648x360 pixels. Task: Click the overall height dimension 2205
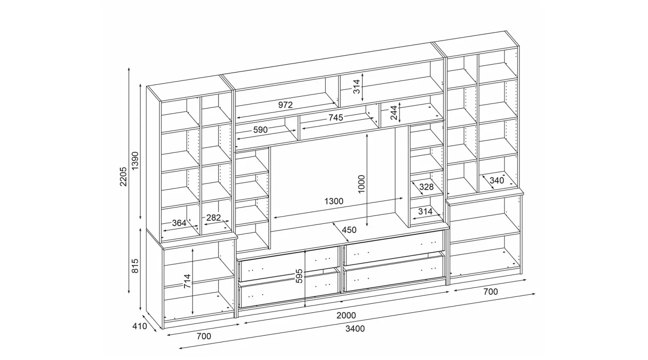pyautogui.click(x=123, y=176)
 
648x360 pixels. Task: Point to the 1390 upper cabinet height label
pyautogui.click(x=135, y=161)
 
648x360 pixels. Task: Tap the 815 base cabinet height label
pyautogui.click(x=135, y=266)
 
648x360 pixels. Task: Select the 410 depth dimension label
pyautogui.click(x=139, y=326)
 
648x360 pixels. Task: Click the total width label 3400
pyautogui.click(x=355, y=329)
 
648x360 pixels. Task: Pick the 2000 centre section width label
pyautogui.click(x=346, y=315)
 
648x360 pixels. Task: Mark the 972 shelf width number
pyautogui.click(x=285, y=105)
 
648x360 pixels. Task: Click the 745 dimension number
pyautogui.click(x=336, y=118)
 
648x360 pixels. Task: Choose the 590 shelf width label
pyautogui.click(x=261, y=130)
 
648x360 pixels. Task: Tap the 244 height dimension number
pyautogui.click(x=394, y=112)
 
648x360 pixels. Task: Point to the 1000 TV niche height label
pyautogui.click(x=362, y=184)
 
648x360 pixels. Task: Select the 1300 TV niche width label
pyautogui.click(x=334, y=201)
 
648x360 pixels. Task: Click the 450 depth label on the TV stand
pyautogui.click(x=349, y=230)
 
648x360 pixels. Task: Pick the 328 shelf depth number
pyautogui.click(x=427, y=187)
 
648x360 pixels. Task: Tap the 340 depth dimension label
pyautogui.click(x=497, y=180)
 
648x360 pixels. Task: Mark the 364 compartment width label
pyautogui.click(x=179, y=223)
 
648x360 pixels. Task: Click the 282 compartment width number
pyautogui.click(x=213, y=218)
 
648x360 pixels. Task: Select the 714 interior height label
pyautogui.click(x=188, y=281)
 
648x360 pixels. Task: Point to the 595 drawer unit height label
pyautogui.click(x=299, y=276)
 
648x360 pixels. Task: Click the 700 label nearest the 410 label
pyautogui.click(x=204, y=336)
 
